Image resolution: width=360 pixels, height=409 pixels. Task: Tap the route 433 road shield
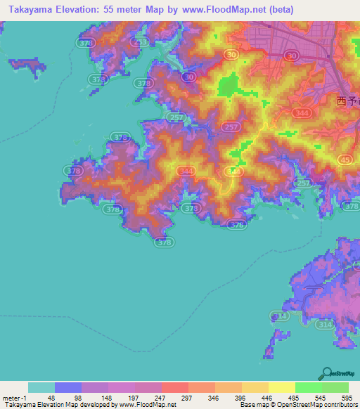[141, 43]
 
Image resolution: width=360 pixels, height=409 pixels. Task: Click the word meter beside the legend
[10, 398]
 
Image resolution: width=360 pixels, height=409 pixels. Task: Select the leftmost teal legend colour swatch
[41, 387]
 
